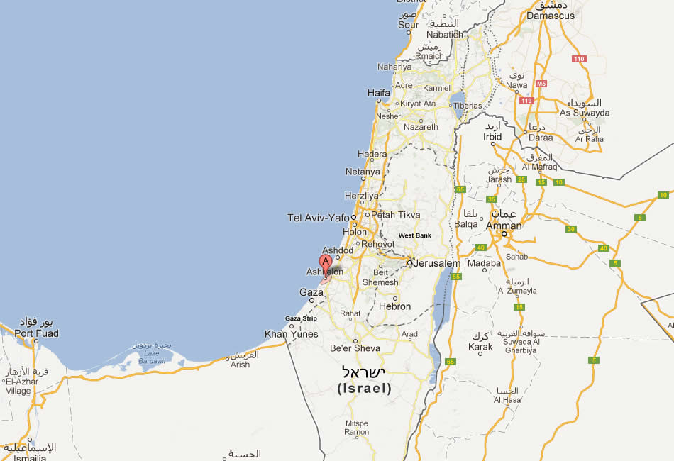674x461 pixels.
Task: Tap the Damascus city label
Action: (551, 15)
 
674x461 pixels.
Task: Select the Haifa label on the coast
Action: (379, 93)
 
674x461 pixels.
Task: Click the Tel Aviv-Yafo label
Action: (319, 218)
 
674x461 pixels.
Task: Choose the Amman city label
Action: (504, 226)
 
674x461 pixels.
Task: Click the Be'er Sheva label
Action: (355, 348)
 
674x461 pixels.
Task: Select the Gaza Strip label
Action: (302, 318)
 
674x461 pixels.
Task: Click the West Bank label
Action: (415, 235)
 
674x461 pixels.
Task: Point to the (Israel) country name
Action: (364, 389)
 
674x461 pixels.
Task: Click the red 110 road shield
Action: (579, 59)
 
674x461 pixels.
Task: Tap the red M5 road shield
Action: (541, 84)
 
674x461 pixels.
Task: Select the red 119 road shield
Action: (526, 101)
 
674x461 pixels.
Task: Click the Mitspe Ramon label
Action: (357, 427)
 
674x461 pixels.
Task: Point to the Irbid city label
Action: (492, 137)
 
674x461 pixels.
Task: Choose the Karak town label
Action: (480, 348)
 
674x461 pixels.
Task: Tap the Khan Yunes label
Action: (292, 334)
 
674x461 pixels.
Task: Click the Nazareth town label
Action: (421, 128)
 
